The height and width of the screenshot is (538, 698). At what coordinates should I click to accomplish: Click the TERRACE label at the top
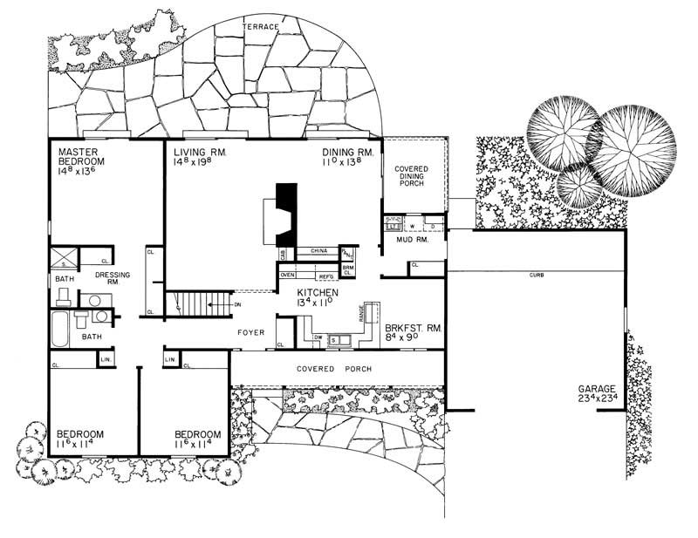[x=263, y=28]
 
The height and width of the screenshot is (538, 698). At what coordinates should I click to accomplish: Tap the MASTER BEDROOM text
[x=81, y=157]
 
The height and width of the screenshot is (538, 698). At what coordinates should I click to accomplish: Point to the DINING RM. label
[x=348, y=152]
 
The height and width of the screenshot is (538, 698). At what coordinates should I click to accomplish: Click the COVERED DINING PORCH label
[x=414, y=177]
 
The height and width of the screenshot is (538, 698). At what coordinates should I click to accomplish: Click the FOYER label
[x=250, y=333]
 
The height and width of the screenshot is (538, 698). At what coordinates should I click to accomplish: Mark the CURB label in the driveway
[x=537, y=276]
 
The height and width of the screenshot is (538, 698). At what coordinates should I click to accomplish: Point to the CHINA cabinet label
[x=318, y=252]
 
